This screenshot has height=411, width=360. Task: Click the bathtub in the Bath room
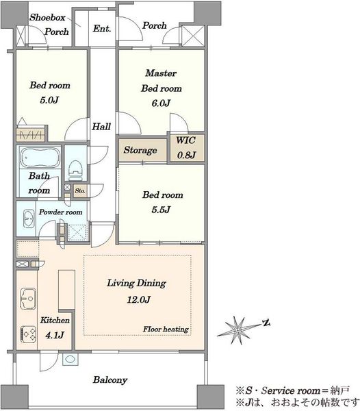pos(40,158)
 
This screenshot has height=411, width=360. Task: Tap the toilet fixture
pos(75,171)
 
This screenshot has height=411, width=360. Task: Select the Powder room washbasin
pos(29,219)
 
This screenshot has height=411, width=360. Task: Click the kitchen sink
pos(28,299)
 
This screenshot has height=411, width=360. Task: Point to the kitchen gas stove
pos(28,334)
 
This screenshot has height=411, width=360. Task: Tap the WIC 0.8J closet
pos(187,147)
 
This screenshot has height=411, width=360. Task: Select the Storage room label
pos(140,150)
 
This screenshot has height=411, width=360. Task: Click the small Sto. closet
pos(80,191)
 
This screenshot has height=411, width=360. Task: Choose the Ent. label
pos(102,28)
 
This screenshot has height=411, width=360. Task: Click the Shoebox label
pos(47,18)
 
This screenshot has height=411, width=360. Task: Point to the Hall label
pos(101,127)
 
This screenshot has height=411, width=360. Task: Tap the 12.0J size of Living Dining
pos(138,299)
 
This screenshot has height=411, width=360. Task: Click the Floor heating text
pos(166,329)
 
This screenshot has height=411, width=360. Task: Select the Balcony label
pos(110,379)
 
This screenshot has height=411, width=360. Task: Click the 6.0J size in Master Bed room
pos(161,103)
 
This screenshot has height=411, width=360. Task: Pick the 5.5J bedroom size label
pos(161,210)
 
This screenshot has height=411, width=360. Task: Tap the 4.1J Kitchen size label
pos(55,335)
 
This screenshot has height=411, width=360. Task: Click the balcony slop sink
pos(70,359)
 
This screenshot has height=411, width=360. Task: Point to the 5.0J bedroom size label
pos(49,100)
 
